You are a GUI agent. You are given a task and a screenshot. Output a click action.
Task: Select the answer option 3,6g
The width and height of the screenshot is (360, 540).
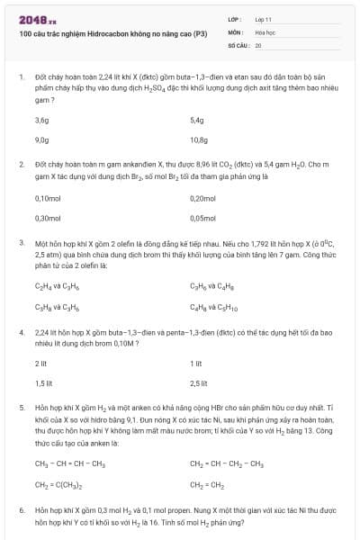tap(41, 119)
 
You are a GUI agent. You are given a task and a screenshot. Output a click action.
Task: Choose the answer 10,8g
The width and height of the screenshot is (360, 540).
tap(199, 139)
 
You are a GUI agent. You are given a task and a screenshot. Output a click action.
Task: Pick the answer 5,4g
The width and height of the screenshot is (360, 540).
tap(197, 119)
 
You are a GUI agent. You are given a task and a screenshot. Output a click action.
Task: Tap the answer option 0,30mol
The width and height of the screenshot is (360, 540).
tap(47, 218)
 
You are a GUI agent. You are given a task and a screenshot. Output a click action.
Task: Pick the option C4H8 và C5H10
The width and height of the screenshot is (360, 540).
tap(213, 308)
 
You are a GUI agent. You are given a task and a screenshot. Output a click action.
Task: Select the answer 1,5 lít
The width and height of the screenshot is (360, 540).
tap(40, 383)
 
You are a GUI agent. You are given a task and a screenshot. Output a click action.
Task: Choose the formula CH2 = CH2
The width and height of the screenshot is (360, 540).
tap(208, 482)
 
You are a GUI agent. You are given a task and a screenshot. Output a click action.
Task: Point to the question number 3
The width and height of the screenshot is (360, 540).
tap(21, 242)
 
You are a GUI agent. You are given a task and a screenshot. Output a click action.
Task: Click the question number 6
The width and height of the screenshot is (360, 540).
tap(21, 509)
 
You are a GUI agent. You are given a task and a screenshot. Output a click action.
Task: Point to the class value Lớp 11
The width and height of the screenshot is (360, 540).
tap(264, 18)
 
